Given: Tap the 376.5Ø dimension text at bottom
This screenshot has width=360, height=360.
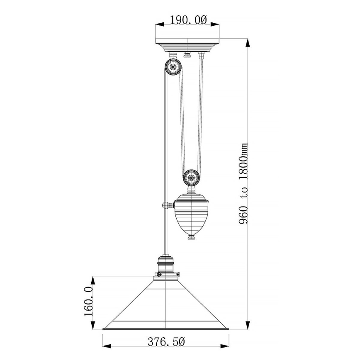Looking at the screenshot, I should pyautogui.click(x=166, y=342).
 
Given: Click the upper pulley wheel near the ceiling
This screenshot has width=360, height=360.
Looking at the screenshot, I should pyautogui.click(x=172, y=66).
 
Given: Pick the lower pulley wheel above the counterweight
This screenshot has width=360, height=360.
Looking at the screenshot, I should pyautogui.click(x=191, y=178).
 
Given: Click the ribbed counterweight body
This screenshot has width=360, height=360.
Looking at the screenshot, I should pyautogui.click(x=191, y=213).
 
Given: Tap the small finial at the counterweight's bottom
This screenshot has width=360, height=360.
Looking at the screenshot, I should pyautogui.click(x=191, y=238).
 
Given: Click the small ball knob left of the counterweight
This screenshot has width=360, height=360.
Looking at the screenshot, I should pyautogui.click(x=166, y=205).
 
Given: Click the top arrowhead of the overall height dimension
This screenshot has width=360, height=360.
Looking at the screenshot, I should pyautogui.click(x=248, y=41).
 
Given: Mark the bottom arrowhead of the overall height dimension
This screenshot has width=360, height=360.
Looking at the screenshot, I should pyautogui.click(x=248, y=326).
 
